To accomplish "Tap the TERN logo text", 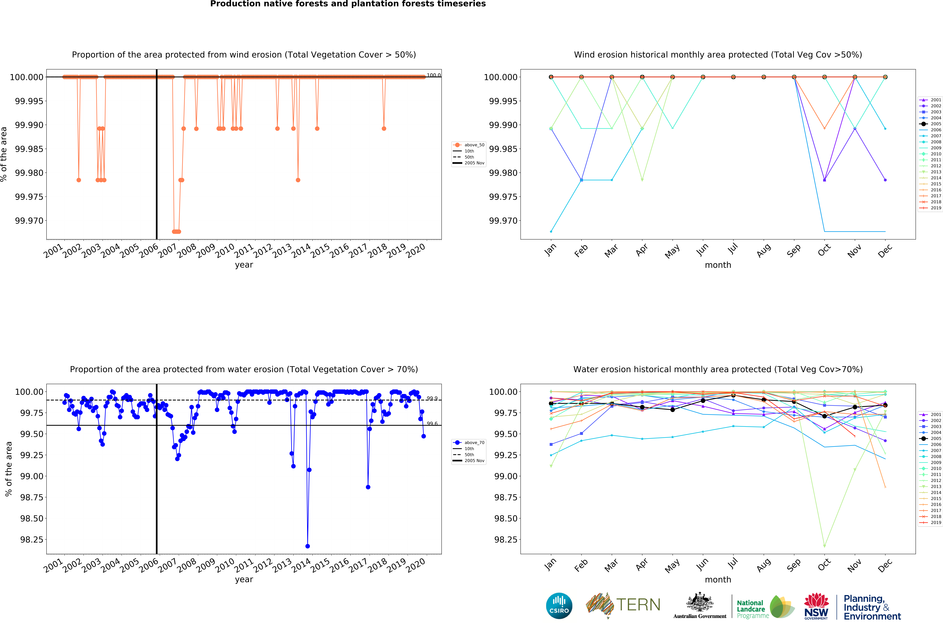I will [x=638, y=605].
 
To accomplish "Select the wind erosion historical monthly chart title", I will [x=718, y=55].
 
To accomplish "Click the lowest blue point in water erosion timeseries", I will [x=307, y=546].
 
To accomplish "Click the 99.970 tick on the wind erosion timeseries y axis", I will [x=29, y=221].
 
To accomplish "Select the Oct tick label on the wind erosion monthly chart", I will [x=824, y=250].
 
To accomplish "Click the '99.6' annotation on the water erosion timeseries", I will [x=432, y=424].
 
